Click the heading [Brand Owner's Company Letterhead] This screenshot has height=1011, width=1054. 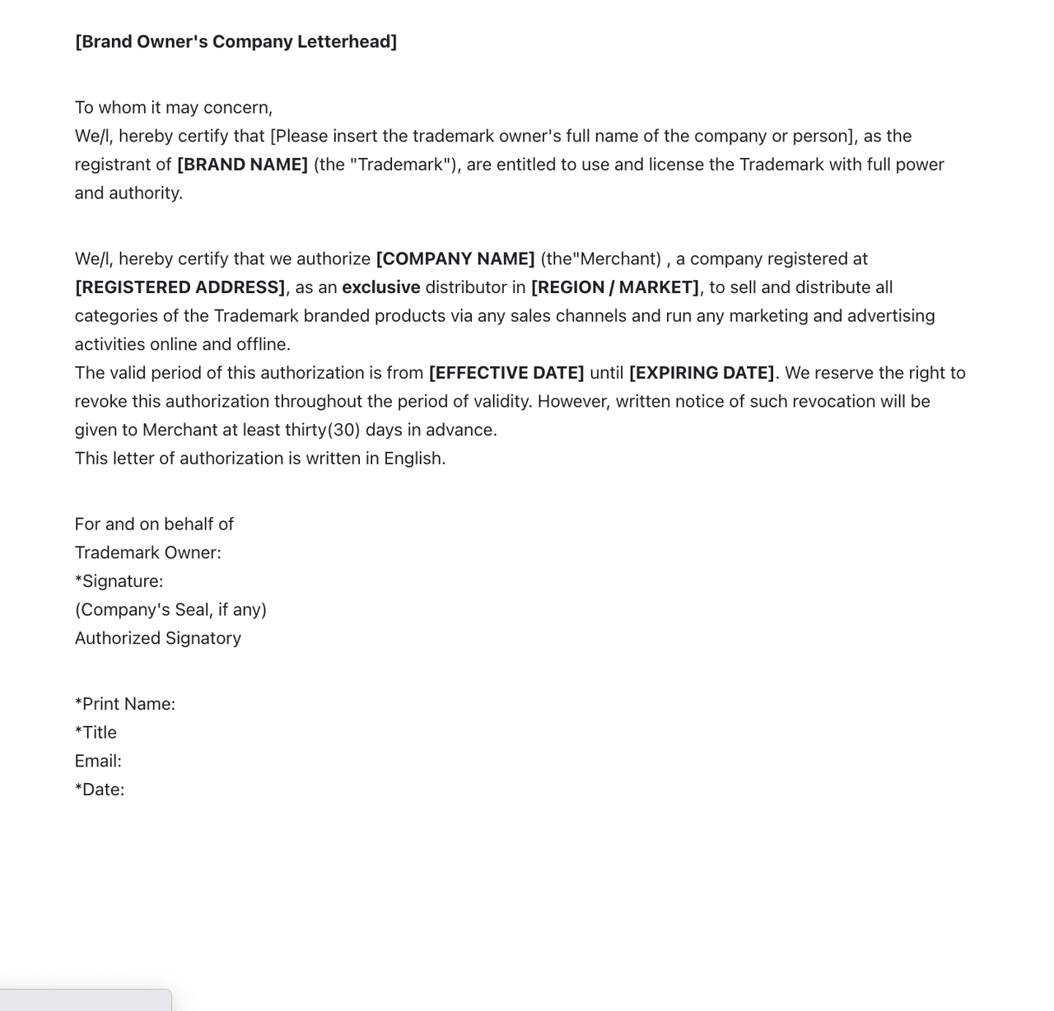(236, 42)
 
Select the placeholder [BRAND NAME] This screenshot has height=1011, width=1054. (242, 165)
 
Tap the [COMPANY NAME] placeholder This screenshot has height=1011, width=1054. (455, 259)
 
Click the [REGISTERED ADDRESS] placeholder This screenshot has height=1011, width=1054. (180, 287)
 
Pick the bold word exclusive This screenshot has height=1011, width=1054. (381, 287)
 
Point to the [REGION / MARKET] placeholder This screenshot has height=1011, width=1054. (615, 287)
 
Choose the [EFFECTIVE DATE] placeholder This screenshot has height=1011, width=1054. (506, 373)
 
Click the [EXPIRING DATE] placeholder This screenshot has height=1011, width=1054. (702, 373)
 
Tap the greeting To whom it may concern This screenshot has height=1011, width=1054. (173, 108)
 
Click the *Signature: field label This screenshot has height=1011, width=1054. (119, 581)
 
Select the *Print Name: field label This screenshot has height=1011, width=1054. (124, 704)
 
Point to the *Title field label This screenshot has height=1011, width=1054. (96, 733)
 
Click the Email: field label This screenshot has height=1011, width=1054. (98, 762)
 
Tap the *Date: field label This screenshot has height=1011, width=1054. (100, 790)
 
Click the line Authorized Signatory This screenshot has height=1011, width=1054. (157, 639)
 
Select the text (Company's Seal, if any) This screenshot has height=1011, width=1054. (170, 610)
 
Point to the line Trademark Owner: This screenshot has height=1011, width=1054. (147, 553)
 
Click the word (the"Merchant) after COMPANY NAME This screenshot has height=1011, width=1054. (600, 259)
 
